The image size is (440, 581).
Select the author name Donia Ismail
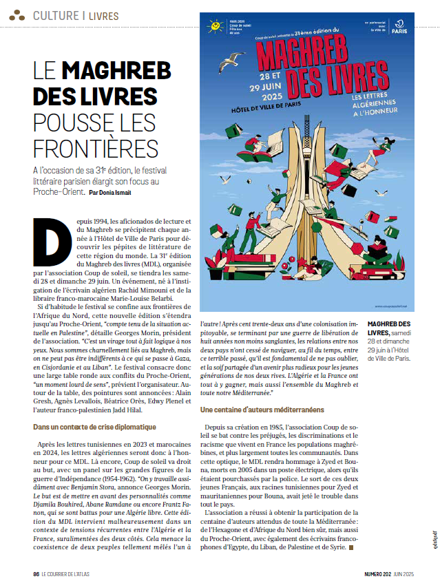pos(110,192)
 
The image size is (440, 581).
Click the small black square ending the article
pos(352,548)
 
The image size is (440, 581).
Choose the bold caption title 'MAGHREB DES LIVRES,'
pos(390,328)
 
